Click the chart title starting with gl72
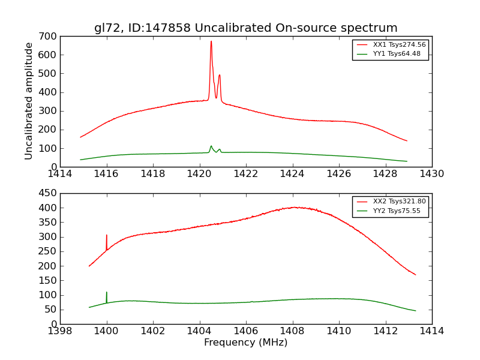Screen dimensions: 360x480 click(245, 28)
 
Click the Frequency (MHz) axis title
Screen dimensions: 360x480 click(245, 343)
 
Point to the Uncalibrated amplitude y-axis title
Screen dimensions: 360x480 click(29, 101)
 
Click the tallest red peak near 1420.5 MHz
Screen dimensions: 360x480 click(211, 42)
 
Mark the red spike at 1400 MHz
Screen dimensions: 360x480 click(107, 236)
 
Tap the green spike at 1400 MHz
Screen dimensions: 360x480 click(107, 293)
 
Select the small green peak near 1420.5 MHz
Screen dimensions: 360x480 click(211, 146)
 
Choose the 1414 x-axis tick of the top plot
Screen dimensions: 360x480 click(60, 174)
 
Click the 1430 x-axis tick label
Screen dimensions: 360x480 click(431, 174)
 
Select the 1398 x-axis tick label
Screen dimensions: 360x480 click(60, 331)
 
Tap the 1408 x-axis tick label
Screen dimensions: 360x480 click(292, 331)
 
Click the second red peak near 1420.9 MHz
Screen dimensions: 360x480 click(220, 76)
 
